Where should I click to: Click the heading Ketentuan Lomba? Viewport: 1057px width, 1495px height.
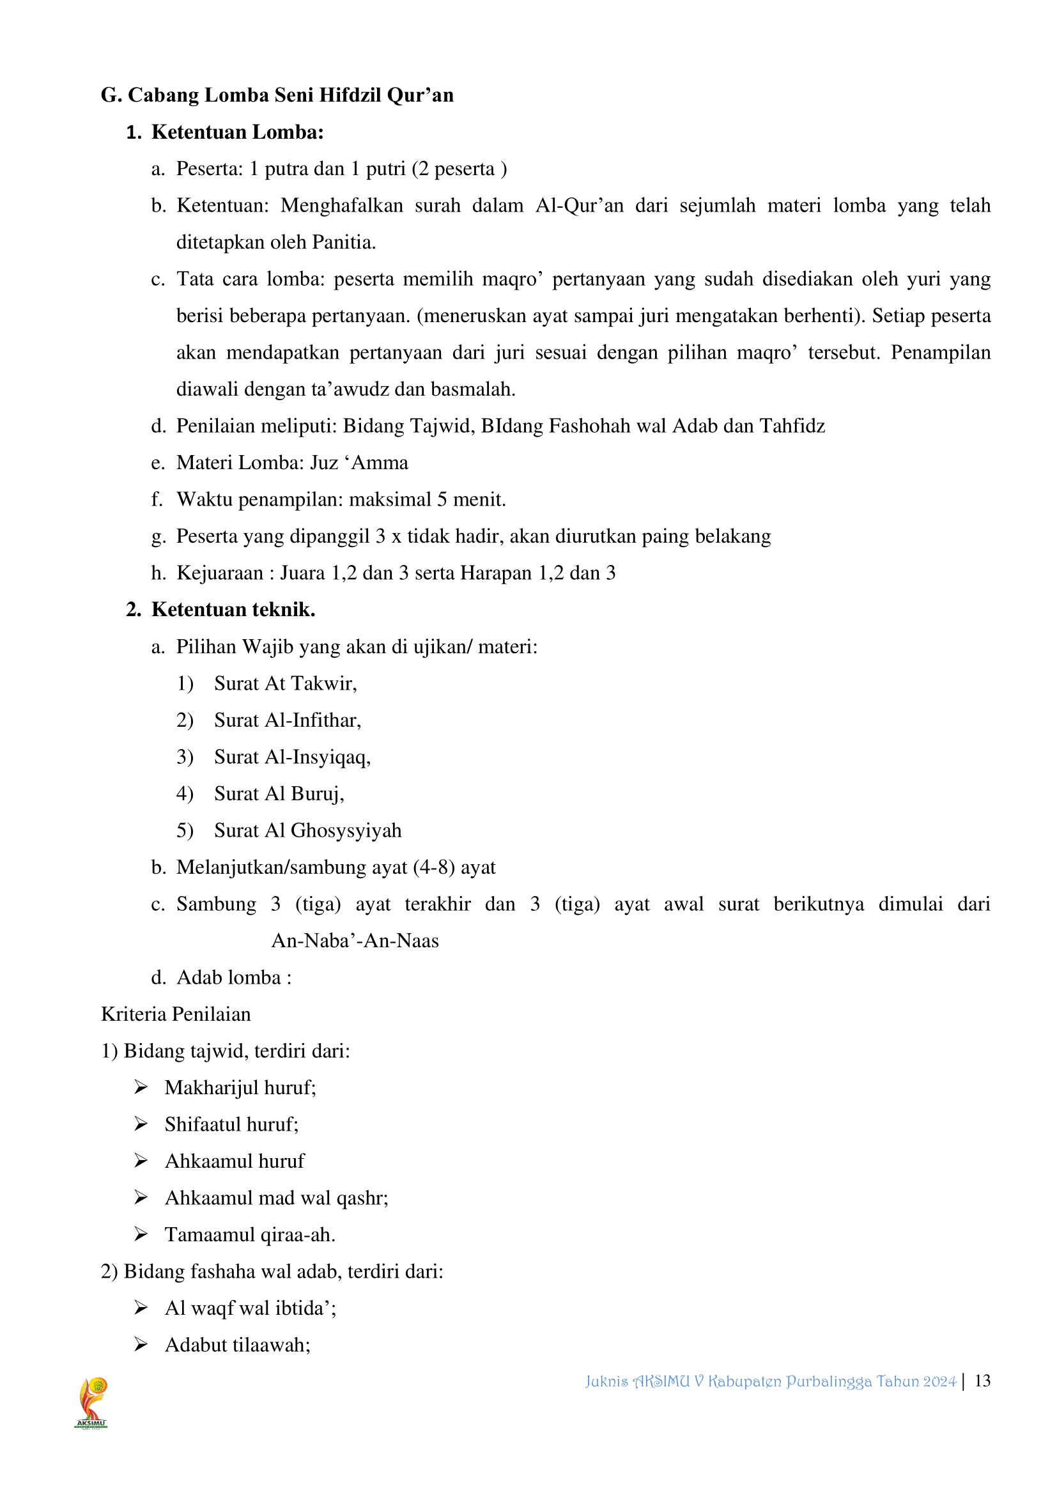pos(238,133)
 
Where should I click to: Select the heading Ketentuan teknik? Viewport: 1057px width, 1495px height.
pos(233,610)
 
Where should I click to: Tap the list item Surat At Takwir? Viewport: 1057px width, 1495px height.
pos(285,684)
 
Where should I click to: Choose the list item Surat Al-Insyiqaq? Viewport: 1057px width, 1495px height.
pos(292,757)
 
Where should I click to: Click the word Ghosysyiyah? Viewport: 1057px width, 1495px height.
pos(346,831)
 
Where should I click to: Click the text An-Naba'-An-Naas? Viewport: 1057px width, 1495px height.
pos(355,941)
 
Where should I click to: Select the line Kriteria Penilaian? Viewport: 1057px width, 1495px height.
pos(176,1014)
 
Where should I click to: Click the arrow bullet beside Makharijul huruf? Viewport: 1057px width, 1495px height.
pos(141,1087)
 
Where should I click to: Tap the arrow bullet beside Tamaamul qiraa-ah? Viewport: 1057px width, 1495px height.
pos(141,1235)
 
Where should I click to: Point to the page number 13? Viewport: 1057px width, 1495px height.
pos(982,1381)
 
